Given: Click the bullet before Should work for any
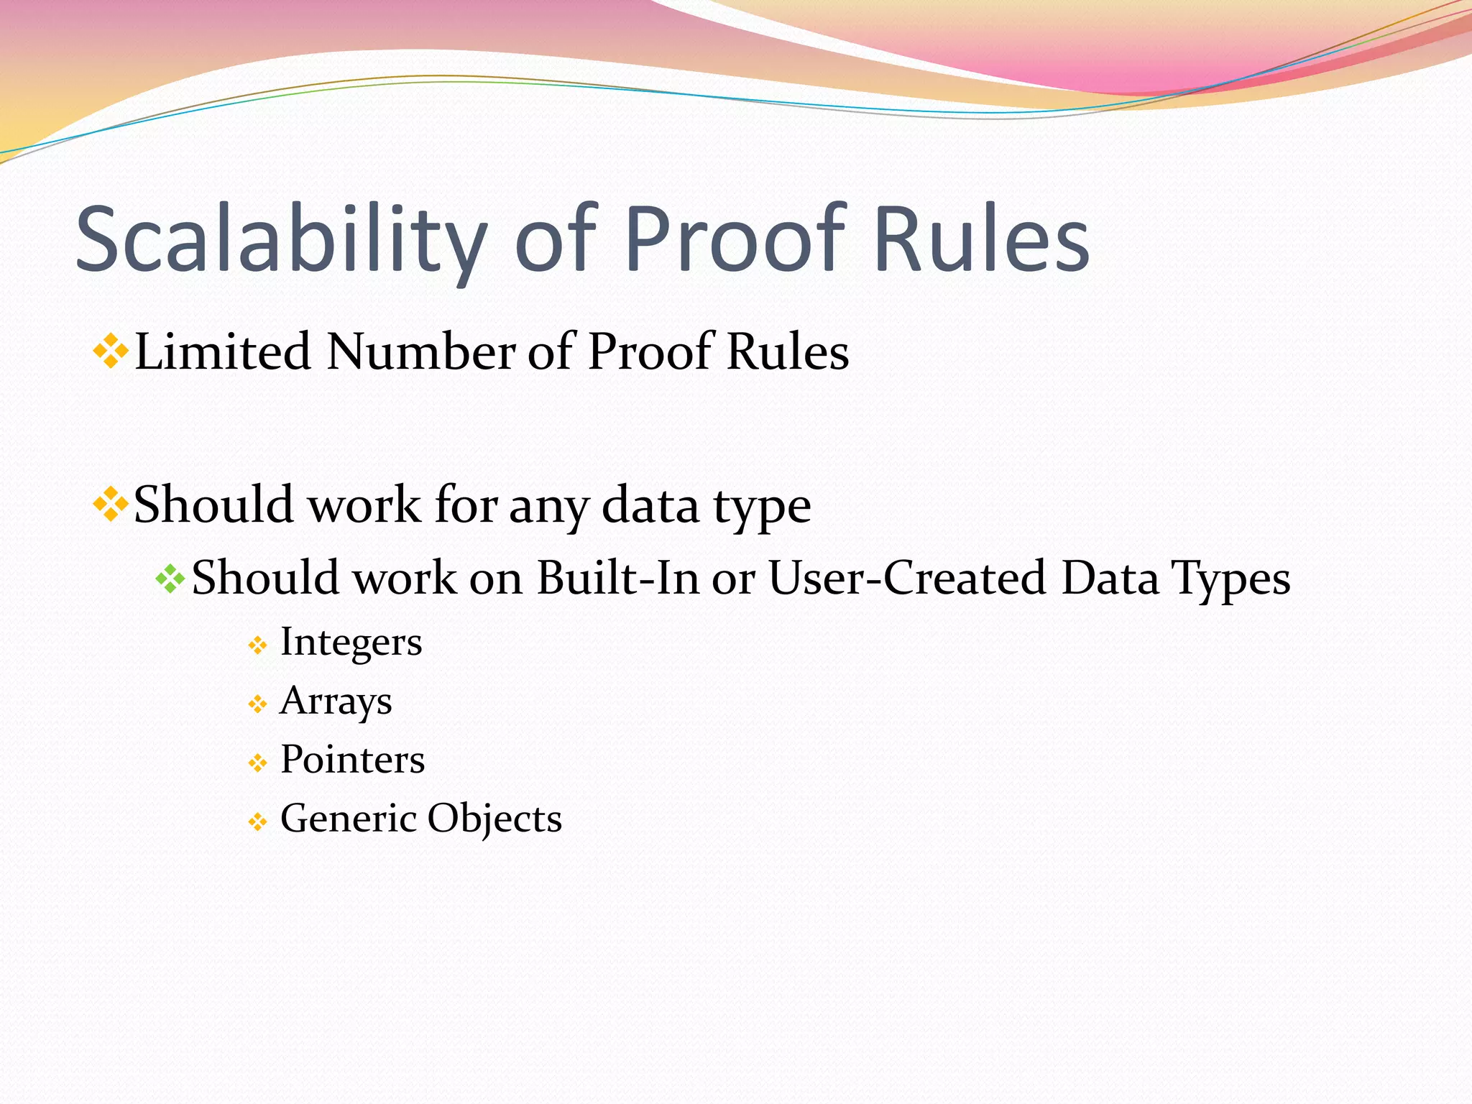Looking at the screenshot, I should (x=111, y=505).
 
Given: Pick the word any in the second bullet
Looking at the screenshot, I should (x=548, y=506).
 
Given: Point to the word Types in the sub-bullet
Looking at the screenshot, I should (x=1230, y=579).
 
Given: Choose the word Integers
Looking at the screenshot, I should (x=351, y=642).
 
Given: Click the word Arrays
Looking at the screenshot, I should (x=336, y=701).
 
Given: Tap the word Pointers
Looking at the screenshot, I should (x=352, y=760).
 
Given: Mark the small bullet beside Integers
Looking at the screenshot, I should (x=257, y=645).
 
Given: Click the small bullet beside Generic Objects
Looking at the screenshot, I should (x=257, y=822).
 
